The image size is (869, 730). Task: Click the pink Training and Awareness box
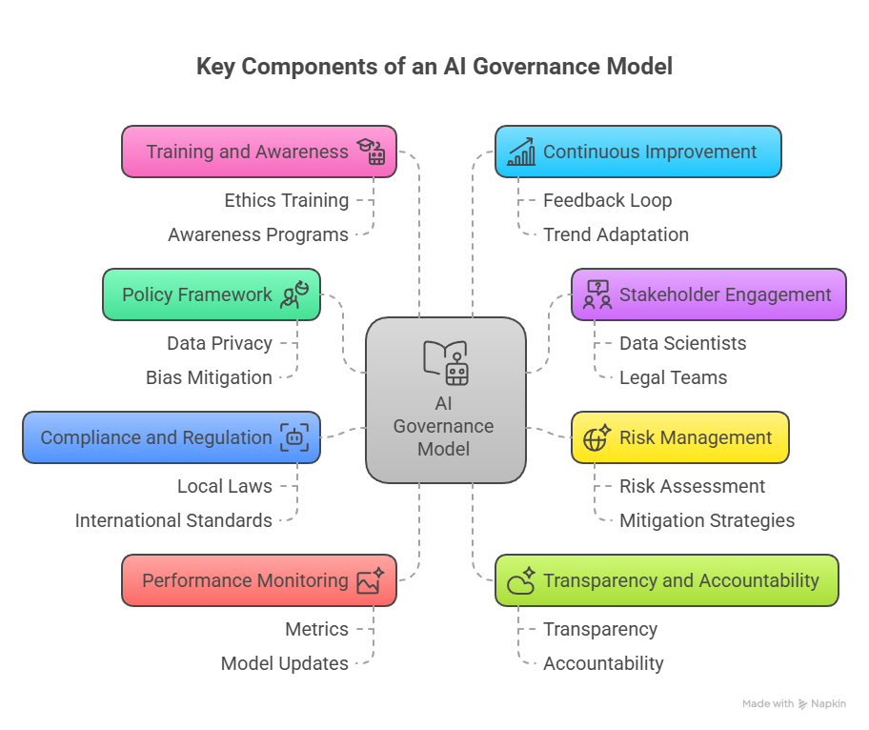(x=258, y=152)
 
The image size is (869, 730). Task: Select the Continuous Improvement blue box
(x=637, y=152)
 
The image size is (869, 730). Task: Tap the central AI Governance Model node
(x=445, y=400)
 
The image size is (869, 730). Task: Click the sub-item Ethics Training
(x=286, y=200)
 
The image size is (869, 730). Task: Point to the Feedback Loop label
(x=607, y=200)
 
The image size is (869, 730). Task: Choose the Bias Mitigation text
(x=209, y=377)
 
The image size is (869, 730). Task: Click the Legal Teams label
(x=673, y=377)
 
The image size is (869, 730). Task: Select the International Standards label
(x=173, y=520)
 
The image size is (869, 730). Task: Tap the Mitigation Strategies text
(x=706, y=520)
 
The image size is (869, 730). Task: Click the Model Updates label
(x=284, y=663)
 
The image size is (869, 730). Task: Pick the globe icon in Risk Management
(x=596, y=438)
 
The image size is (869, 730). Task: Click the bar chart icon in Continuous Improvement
(x=521, y=152)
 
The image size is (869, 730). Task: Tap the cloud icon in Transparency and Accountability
(x=521, y=581)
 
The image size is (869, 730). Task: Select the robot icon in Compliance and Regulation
(x=294, y=438)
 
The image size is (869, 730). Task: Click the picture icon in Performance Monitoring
(x=370, y=581)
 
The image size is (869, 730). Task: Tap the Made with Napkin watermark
(x=793, y=704)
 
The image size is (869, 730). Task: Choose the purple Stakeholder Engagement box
(x=708, y=294)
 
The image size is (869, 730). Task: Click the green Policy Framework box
(x=211, y=294)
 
